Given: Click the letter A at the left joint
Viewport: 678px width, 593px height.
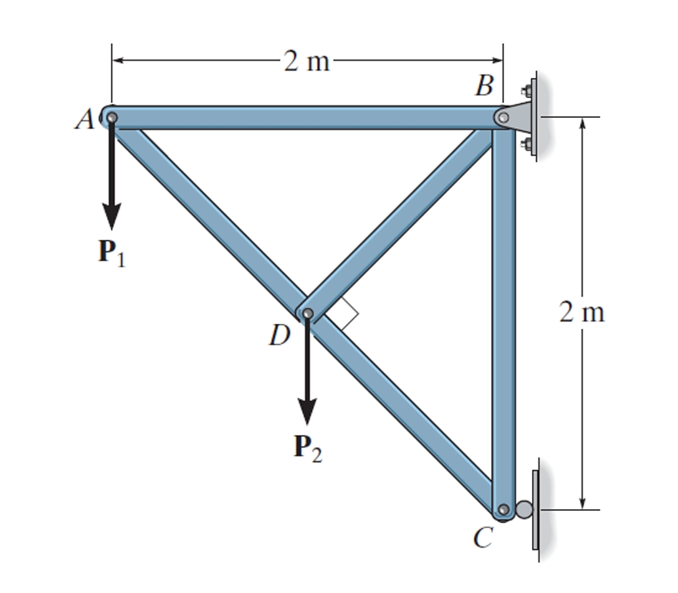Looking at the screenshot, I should click(x=83, y=121).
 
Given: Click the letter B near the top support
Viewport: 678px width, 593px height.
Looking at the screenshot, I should click(x=485, y=85).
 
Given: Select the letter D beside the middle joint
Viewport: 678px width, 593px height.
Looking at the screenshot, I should click(x=279, y=334).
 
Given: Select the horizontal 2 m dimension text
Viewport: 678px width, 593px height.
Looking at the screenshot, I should click(x=305, y=61).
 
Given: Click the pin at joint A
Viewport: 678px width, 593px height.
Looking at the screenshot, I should click(x=111, y=117).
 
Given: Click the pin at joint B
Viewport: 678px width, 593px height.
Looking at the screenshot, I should click(x=502, y=118).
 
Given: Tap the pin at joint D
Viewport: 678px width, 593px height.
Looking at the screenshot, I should click(x=308, y=314).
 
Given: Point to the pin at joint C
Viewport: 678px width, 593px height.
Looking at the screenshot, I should click(x=502, y=509).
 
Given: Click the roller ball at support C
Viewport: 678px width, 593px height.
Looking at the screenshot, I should click(x=524, y=509).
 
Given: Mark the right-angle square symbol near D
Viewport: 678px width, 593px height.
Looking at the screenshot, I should click(x=344, y=315).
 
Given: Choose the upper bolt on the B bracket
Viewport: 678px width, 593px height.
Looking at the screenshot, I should click(x=524, y=89).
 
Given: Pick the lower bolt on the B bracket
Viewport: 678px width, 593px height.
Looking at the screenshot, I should click(x=524, y=146).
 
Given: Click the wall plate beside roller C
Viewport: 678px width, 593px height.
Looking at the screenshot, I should click(x=536, y=509).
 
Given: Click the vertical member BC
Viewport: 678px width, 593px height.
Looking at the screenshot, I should click(x=503, y=316).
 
